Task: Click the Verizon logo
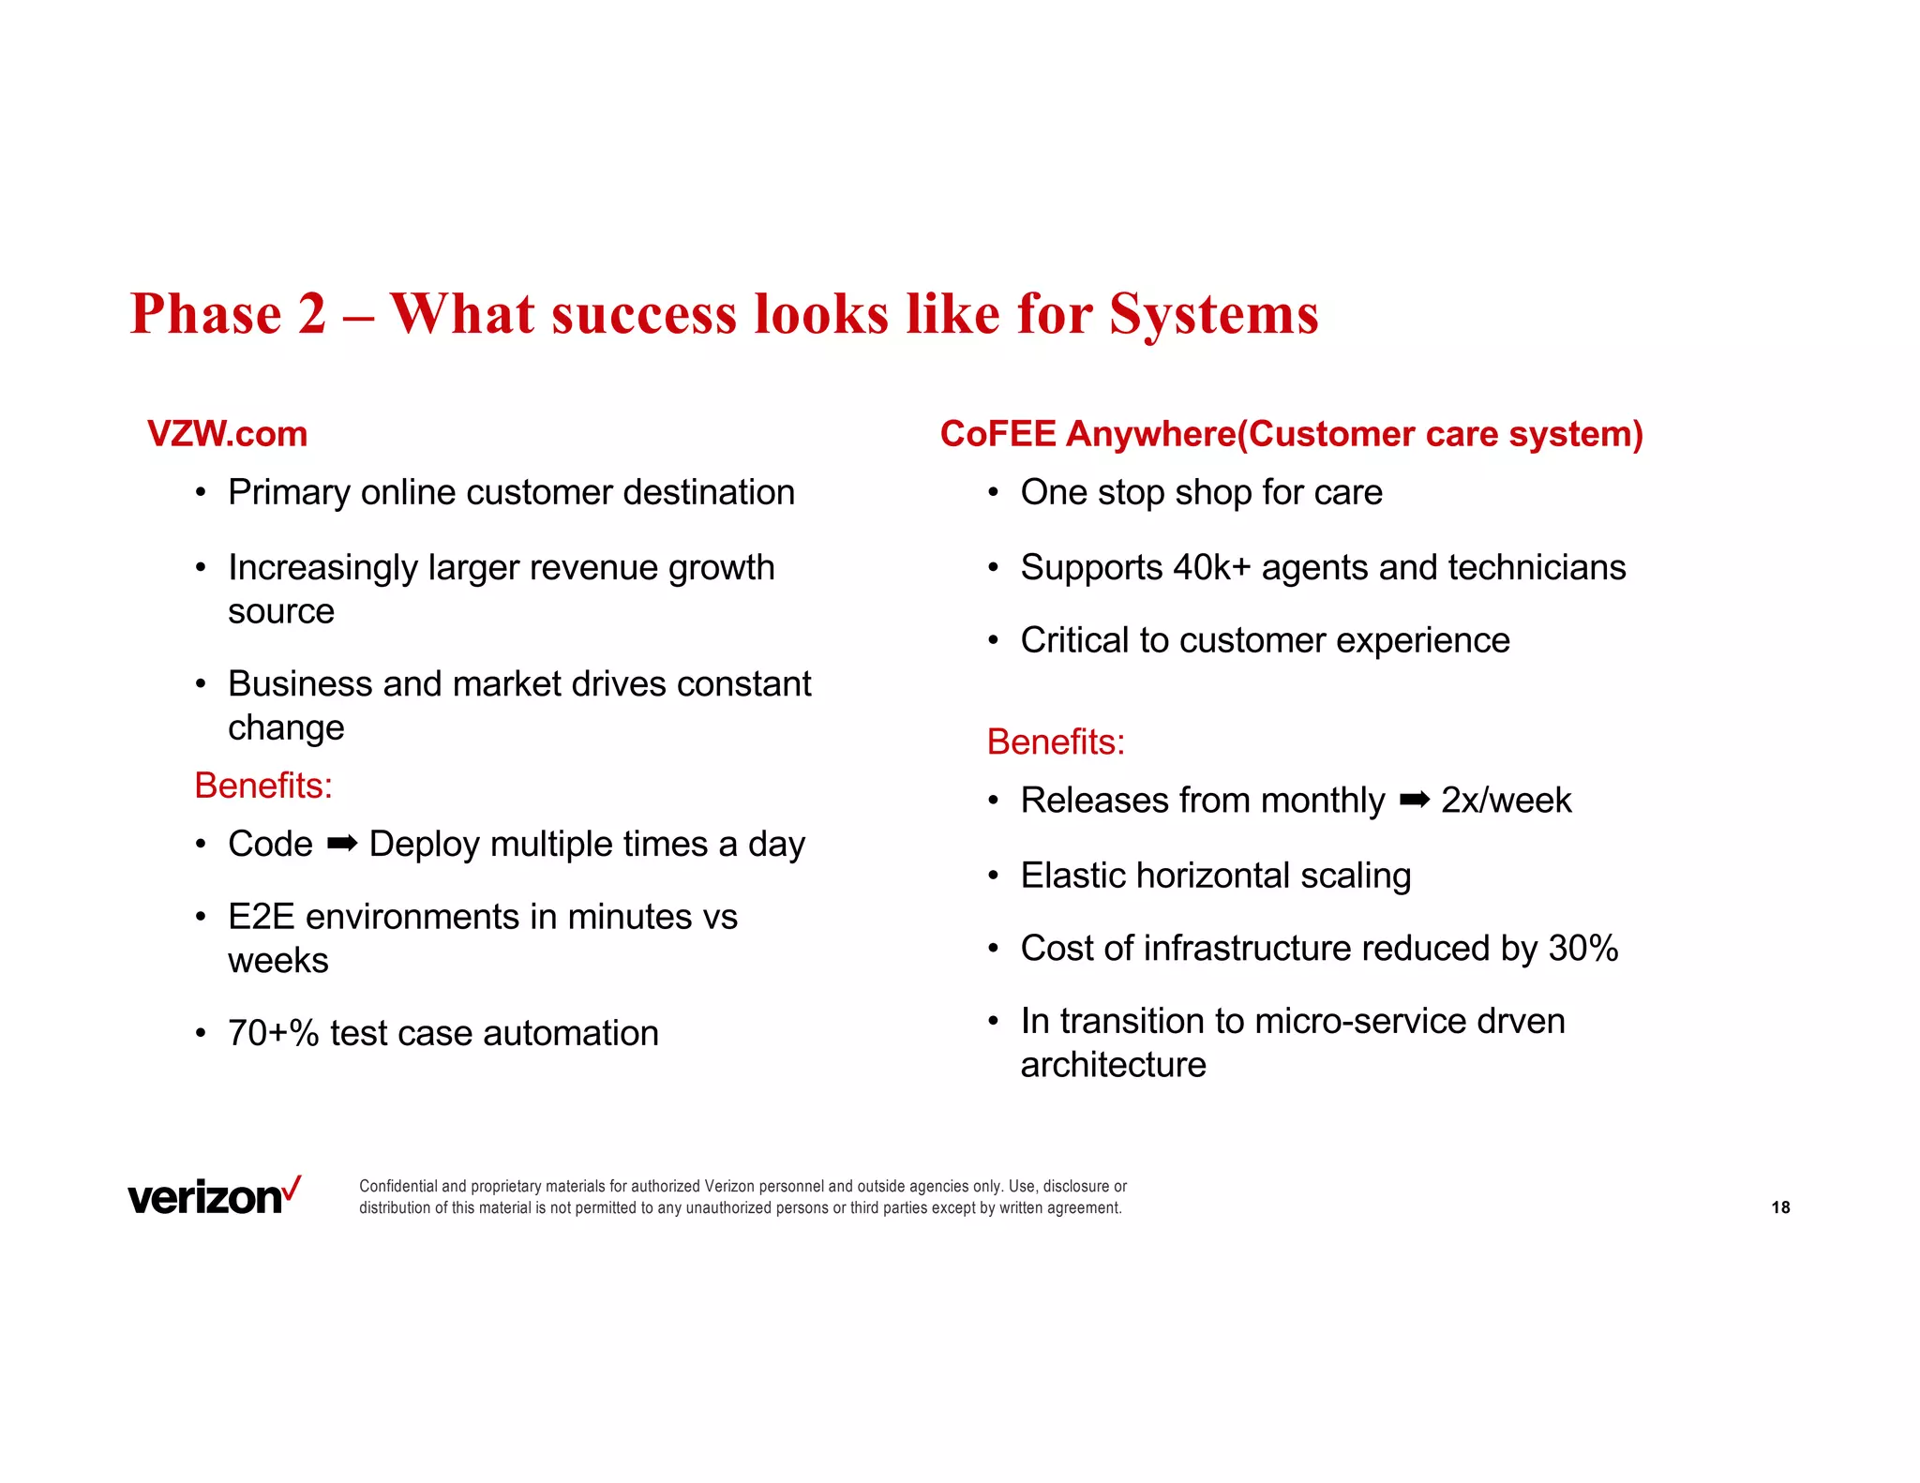[x=214, y=1197]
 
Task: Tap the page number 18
[x=1780, y=1207]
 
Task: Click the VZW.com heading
[x=227, y=434]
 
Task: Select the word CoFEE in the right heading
[x=997, y=434]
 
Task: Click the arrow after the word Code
[x=341, y=844]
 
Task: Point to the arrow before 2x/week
[x=1414, y=800]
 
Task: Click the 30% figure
[x=1583, y=948]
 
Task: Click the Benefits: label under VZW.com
[x=263, y=786]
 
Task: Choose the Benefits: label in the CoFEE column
[x=1056, y=741]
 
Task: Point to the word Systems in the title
[x=1214, y=313]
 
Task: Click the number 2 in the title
[x=312, y=313]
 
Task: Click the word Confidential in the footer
[x=398, y=1186]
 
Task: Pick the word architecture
[x=1113, y=1065]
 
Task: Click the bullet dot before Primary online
[x=201, y=492]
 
